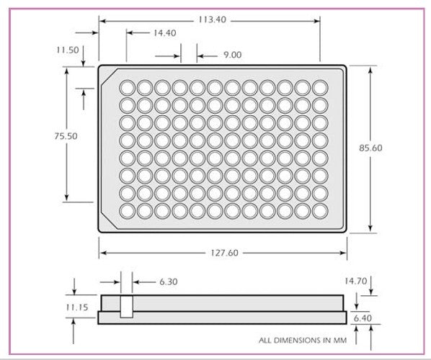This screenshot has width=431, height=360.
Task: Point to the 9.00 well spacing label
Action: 232,55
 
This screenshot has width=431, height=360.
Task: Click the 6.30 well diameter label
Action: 168,282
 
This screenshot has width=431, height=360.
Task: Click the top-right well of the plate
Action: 321,87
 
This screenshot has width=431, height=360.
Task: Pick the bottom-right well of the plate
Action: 321,211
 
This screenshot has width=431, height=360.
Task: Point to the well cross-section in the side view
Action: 127,307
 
